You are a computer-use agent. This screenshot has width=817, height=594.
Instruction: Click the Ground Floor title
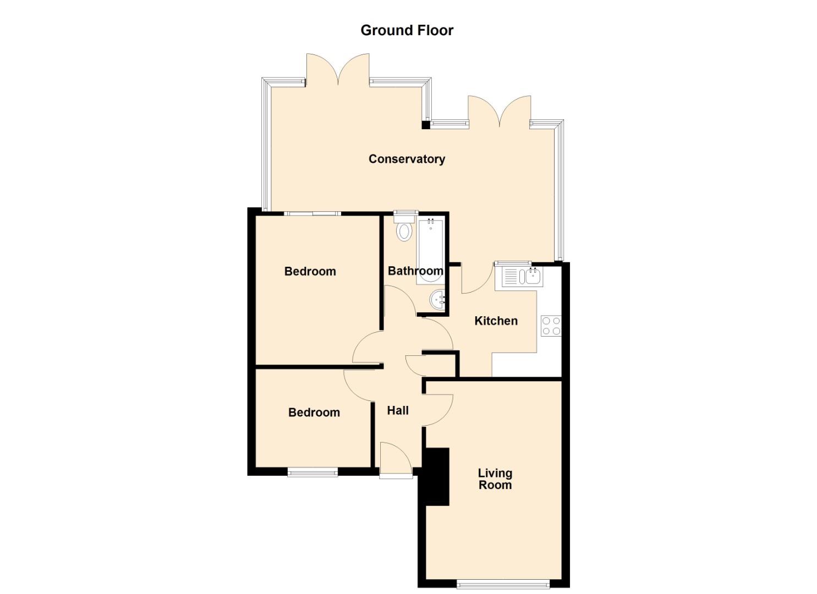(x=407, y=30)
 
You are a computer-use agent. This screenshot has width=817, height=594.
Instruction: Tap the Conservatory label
(x=407, y=159)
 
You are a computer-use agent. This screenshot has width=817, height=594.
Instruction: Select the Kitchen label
(x=496, y=321)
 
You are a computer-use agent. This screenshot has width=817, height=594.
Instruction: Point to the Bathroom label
(x=415, y=271)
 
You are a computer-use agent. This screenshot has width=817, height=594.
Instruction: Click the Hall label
(x=398, y=411)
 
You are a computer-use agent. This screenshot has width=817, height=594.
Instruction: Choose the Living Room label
(x=495, y=479)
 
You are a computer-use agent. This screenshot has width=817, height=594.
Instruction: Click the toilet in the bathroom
(x=404, y=228)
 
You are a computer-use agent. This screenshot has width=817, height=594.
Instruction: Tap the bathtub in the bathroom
(x=431, y=250)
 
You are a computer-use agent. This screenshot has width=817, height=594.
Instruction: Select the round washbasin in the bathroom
(x=437, y=300)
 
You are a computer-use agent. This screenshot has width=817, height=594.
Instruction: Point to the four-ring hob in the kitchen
(x=551, y=326)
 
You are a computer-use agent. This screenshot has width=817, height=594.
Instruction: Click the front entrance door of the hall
(x=396, y=459)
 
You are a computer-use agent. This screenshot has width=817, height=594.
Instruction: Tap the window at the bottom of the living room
(x=503, y=585)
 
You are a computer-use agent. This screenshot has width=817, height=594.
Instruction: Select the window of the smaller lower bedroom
(x=312, y=473)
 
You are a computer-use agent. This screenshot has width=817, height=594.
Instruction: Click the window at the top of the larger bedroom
(x=312, y=214)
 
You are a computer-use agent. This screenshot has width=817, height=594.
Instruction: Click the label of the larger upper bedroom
(x=310, y=271)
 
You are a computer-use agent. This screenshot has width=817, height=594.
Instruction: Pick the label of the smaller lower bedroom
(x=314, y=413)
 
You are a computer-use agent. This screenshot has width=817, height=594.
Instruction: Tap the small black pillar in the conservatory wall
(x=426, y=125)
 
